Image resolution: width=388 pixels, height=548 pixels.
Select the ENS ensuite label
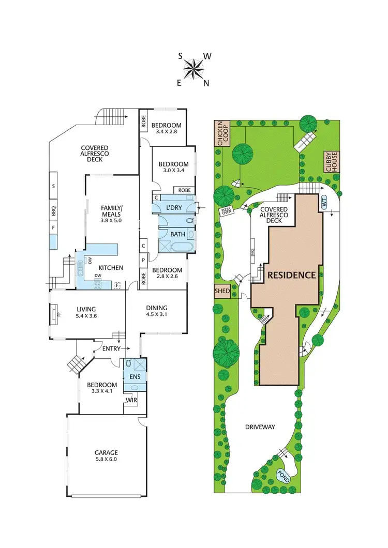pos(135,377)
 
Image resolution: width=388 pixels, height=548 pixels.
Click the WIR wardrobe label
pos(131,400)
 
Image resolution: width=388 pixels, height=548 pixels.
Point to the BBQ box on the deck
pos(53,211)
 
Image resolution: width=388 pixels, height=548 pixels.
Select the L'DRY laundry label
pos(174,207)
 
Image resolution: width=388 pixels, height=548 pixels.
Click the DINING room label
pos(156,307)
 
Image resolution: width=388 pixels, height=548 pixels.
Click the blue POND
pos(282,475)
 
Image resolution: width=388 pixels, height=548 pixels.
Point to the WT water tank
pos(325,204)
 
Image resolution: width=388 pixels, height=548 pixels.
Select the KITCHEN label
pos(111,267)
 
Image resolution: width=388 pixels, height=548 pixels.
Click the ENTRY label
pos(111,348)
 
